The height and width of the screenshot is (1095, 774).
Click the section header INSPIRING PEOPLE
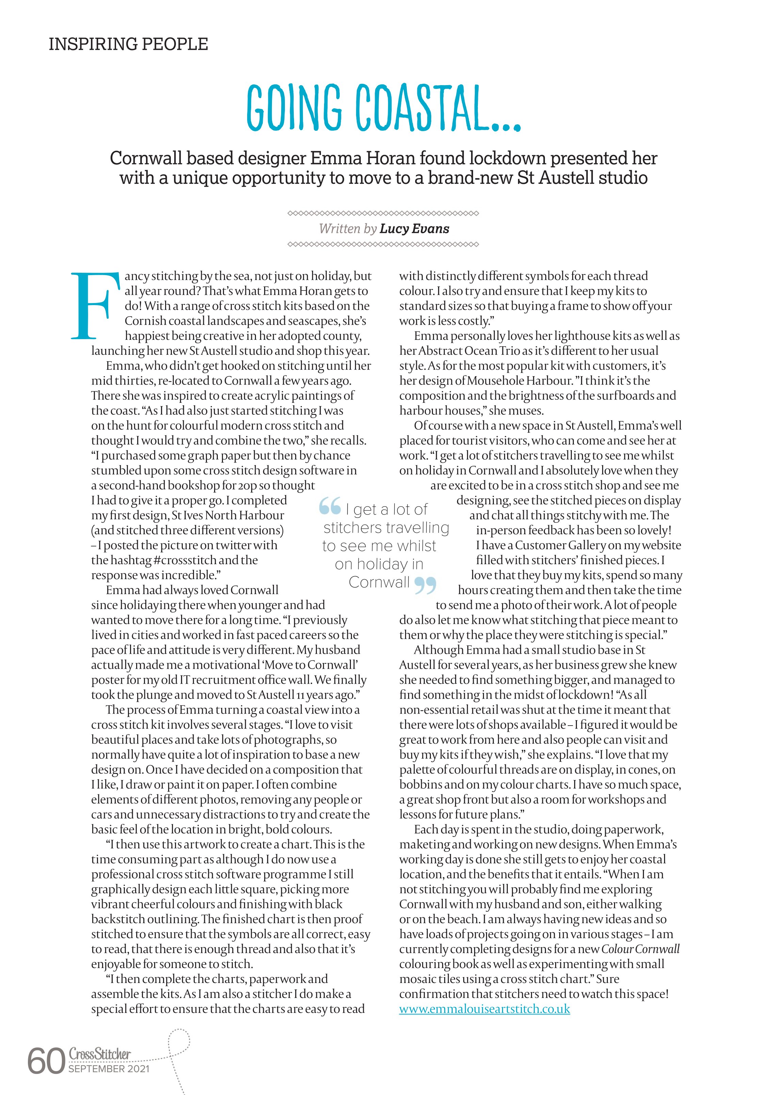point(128,44)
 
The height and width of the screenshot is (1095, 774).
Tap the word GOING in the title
point(295,108)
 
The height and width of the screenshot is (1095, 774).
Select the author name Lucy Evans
point(414,229)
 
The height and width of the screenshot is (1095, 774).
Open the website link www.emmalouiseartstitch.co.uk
point(485,1009)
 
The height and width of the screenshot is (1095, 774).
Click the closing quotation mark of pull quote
point(425,585)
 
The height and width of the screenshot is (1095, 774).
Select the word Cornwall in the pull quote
point(379,582)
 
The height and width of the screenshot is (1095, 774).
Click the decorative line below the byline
point(383,245)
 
